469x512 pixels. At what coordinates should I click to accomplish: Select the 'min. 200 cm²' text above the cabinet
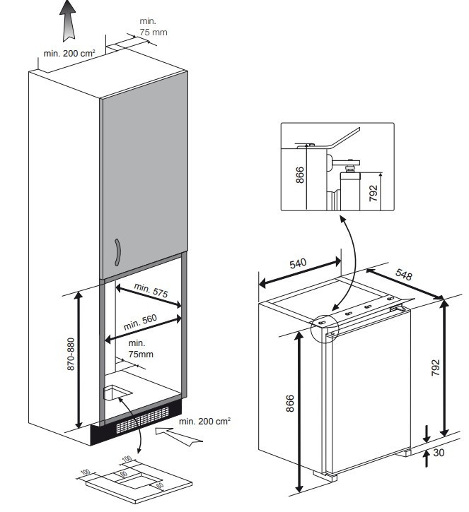click(x=69, y=53)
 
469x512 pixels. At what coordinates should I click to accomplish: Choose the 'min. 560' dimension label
click(x=141, y=322)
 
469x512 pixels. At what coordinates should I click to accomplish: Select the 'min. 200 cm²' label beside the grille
click(x=205, y=421)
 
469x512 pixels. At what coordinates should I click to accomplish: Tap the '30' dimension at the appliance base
click(x=439, y=452)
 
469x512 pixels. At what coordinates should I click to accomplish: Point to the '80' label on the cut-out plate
click(x=160, y=485)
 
